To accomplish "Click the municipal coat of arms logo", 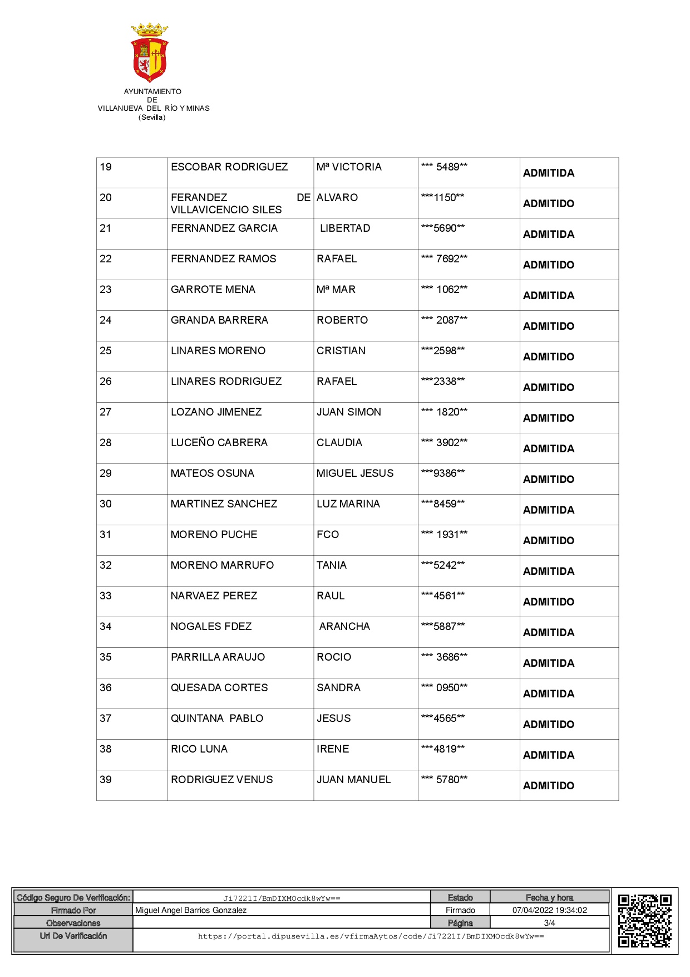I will coord(150,52).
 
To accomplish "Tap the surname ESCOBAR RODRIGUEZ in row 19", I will coord(229,167).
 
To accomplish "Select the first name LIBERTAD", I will coord(344,228).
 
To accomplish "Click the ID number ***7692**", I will coord(444,259).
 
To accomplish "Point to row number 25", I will coord(106,351).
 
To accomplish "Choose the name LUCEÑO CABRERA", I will coord(219,443).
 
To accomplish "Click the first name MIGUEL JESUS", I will coord(355,473).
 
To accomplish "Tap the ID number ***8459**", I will coord(443,504).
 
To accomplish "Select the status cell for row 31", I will coord(549,540).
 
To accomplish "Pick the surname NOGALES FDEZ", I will coord(211,627).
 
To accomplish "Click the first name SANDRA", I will coord(338,688).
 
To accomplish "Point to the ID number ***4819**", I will coord(443,749).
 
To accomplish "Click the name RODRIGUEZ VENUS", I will coord(222,780).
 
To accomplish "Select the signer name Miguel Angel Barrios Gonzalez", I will coord(191,910).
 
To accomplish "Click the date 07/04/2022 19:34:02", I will coord(549,910).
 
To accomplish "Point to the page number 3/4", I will coord(549,923).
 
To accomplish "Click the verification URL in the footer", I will coord(371,936).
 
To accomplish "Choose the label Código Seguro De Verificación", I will coord(73,897).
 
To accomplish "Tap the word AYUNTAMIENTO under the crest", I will coord(152,91).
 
